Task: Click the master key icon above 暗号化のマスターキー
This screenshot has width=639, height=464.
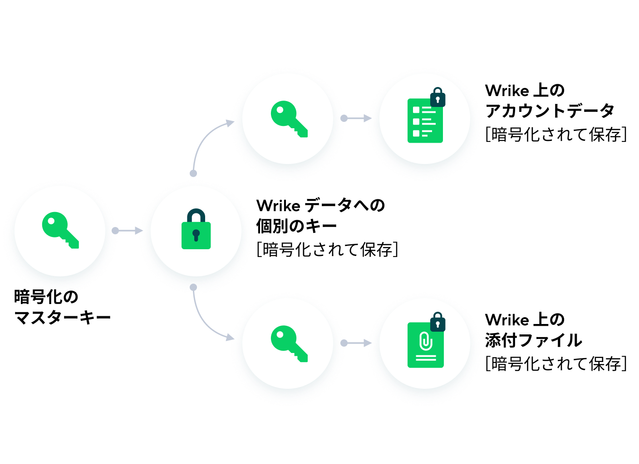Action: pyautogui.click(x=60, y=230)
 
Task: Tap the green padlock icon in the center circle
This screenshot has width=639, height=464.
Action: pyautogui.click(x=196, y=229)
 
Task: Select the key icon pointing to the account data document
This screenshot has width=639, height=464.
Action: pyautogui.click(x=289, y=119)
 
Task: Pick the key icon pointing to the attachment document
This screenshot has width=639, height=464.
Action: pyautogui.click(x=289, y=344)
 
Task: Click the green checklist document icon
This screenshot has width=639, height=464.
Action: pyautogui.click(x=425, y=121)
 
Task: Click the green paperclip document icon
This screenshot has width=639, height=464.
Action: pyautogui.click(x=425, y=345)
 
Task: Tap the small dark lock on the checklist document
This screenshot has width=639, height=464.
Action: pyautogui.click(x=437, y=97)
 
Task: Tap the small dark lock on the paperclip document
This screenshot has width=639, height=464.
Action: pyautogui.click(x=437, y=322)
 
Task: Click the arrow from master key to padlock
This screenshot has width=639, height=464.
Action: pyautogui.click(x=127, y=231)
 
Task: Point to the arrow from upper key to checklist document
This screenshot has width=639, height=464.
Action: pyautogui.click(x=356, y=118)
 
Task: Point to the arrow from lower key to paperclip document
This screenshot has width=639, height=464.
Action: pyautogui.click(x=356, y=343)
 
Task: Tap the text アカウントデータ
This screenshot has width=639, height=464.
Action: pyautogui.click(x=550, y=111)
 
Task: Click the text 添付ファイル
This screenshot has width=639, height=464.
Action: pyautogui.click(x=533, y=340)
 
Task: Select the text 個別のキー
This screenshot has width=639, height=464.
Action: pyautogui.click(x=297, y=226)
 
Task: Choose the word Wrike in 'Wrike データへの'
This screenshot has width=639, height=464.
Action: pyautogui.click(x=278, y=205)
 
